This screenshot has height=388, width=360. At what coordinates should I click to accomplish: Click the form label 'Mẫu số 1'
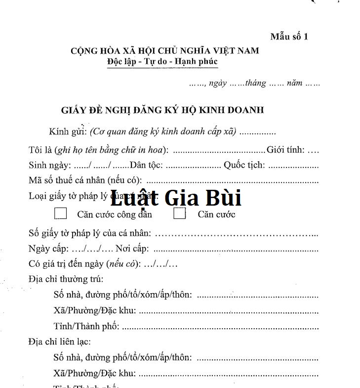click(x=289, y=37)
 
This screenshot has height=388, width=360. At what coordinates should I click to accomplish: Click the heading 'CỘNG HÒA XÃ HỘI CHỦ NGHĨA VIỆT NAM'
click(x=164, y=51)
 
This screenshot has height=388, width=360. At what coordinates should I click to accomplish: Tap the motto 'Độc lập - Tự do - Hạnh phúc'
click(x=162, y=62)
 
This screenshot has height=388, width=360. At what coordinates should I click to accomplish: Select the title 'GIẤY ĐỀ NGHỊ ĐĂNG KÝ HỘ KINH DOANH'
click(x=162, y=110)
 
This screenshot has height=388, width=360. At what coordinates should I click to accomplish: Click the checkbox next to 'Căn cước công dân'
click(x=61, y=214)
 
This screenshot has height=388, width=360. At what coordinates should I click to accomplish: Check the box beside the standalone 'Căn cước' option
click(x=180, y=214)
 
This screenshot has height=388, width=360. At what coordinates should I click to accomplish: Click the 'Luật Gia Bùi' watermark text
click(x=175, y=198)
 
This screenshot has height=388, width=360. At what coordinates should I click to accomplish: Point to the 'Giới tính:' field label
click(x=285, y=150)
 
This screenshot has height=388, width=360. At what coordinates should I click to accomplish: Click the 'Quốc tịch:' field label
click(x=244, y=165)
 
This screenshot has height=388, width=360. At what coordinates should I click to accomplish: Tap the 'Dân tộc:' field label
click(x=147, y=165)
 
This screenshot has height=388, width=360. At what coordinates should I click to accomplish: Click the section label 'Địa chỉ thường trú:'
click(x=66, y=279)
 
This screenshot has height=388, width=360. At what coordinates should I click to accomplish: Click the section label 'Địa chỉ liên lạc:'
click(x=60, y=342)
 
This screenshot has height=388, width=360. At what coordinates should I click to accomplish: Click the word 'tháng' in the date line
click(x=255, y=83)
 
